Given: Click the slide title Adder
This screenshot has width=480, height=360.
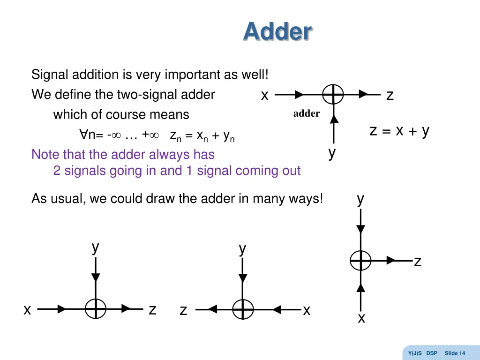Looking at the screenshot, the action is [277, 32].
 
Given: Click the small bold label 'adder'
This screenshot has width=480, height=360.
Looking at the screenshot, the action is [307, 113].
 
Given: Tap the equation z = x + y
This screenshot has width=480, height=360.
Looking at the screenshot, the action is [399, 131].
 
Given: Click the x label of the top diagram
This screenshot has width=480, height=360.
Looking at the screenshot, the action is [264, 96].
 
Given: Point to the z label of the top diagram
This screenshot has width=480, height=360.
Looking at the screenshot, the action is [390, 96].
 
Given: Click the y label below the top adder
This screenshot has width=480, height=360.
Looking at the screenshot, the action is [332, 152].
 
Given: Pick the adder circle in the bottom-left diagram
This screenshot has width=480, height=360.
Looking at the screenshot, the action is [96, 309].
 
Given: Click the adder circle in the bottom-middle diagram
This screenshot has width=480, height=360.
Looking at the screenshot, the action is [243, 309].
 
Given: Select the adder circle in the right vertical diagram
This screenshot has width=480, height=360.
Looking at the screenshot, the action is [360, 261].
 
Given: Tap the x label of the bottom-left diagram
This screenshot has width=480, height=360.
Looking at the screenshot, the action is [28, 310].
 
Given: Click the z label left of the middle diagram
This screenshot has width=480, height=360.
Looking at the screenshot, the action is [184, 310].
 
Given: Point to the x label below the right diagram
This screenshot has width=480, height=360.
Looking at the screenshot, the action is [361, 319].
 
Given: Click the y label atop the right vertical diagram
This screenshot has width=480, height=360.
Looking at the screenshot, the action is [360, 199].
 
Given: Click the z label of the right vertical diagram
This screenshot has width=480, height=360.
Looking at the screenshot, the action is [417, 262].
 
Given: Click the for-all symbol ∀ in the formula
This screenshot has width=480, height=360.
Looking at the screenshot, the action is [83, 135].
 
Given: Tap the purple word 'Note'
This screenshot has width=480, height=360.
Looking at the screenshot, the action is [45, 154].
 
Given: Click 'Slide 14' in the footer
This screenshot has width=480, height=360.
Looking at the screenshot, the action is [455, 353].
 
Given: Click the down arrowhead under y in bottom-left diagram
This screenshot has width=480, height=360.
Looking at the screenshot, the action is [96, 277].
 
